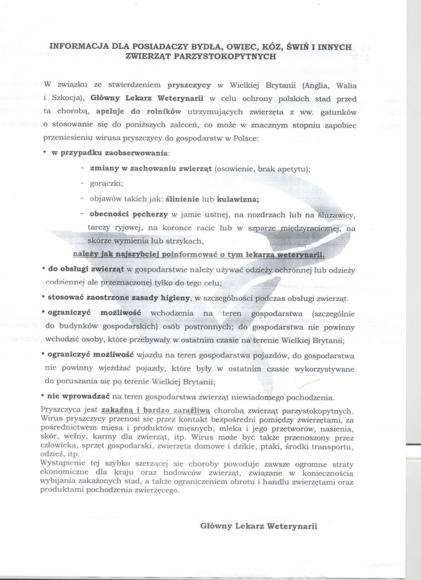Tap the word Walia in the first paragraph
pyautogui.click(x=346, y=86)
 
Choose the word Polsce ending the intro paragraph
pyautogui.click(x=247, y=138)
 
